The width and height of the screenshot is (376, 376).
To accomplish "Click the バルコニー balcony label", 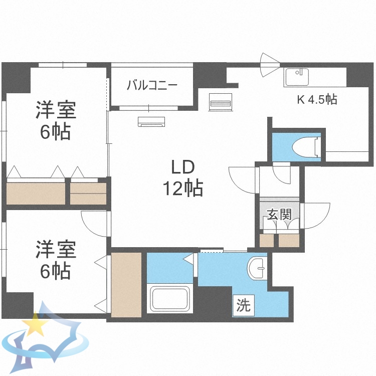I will pyautogui.click(x=151, y=85).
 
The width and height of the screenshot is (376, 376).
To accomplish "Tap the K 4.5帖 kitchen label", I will pyautogui.click(x=316, y=99).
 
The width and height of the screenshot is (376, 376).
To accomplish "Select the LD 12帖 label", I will pyautogui.click(x=182, y=178).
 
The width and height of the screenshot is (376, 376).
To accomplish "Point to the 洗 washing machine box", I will pyautogui.click(x=243, y=305).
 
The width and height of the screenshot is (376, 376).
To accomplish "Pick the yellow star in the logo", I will pyautogui.click(x=36, y=325).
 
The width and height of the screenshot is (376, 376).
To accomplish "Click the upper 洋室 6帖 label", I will pyautogui.click(x=55, y=121).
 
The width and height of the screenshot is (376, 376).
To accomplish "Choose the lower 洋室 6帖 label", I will pyautogui.click(x=55, y=260).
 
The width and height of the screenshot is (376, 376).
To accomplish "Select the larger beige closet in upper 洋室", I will pyautogui.click(x=37, y=193).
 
